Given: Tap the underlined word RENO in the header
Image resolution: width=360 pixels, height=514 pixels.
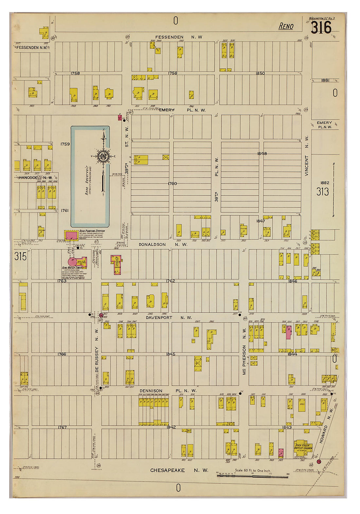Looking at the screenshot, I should [x=286, y=27].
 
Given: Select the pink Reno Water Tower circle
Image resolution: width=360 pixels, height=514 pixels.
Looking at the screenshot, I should [x=72, y=262].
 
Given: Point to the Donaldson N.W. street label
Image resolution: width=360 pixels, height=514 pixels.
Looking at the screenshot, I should [x=163, y=244].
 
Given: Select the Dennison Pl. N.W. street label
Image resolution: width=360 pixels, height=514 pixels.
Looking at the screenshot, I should [x=168, y=391].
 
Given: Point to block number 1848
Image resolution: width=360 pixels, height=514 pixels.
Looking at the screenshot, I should [x=262, y=153].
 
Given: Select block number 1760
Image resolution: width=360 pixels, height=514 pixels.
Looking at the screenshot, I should [x=172, y=184].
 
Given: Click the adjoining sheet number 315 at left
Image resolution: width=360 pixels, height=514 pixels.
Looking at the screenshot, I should [x=20, y=257].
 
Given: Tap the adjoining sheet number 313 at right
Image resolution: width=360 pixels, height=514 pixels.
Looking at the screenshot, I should [x=322, y=191].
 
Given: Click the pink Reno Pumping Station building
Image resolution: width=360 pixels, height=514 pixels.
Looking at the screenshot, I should [x=71, y=235].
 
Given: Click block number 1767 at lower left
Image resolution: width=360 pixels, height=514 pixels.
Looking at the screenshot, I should [x=62, y=427].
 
